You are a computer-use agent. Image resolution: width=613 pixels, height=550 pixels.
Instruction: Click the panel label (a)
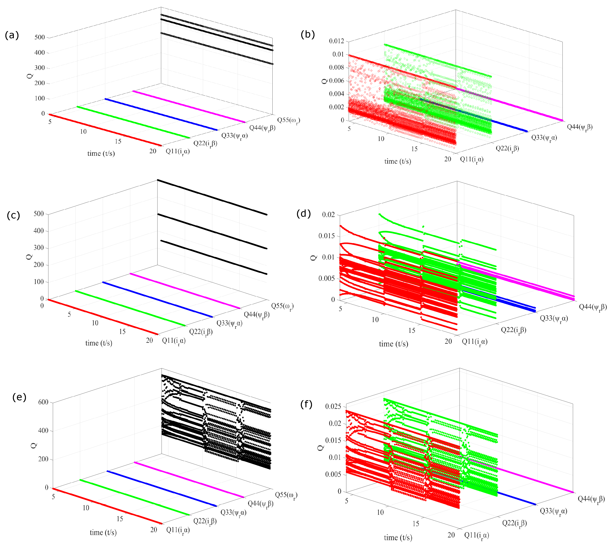pos(12,35)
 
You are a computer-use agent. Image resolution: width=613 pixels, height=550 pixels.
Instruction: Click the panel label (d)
pos(304,214)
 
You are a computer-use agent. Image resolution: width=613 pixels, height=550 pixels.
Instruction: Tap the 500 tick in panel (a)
pos(40,37)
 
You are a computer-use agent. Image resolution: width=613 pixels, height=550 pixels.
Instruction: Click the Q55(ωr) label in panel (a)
pos(289,120)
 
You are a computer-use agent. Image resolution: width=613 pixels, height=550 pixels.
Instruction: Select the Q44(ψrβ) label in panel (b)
pos(579,127)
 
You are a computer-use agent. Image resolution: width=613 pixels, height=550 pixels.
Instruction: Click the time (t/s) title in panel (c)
pos(99,343)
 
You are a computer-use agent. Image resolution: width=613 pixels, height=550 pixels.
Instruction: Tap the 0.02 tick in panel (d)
pos(328,215)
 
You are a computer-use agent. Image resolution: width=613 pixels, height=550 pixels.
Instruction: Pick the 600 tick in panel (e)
pos(43,402)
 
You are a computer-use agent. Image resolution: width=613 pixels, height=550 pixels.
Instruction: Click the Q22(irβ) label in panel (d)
pos(513,330)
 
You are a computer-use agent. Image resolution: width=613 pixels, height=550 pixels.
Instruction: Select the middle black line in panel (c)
pos(212,231)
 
